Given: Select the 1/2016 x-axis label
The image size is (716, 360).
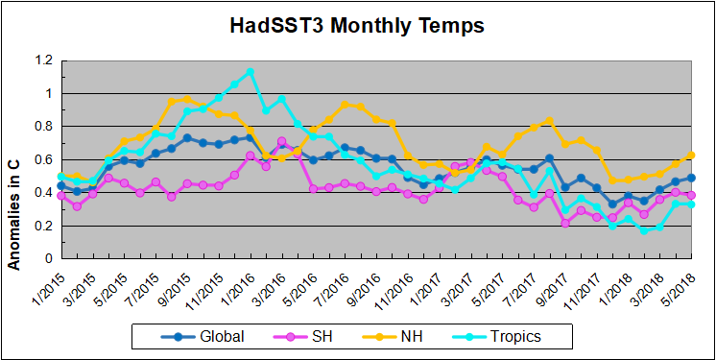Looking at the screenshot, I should tap(234, 285).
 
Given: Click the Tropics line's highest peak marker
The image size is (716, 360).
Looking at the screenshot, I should tap(250, 71).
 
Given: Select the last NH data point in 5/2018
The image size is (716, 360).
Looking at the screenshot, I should tap(691, 155).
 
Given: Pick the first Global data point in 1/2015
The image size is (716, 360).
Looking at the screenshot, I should tap(61, 185).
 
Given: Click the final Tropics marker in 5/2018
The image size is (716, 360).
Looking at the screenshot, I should tap(691, 204).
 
